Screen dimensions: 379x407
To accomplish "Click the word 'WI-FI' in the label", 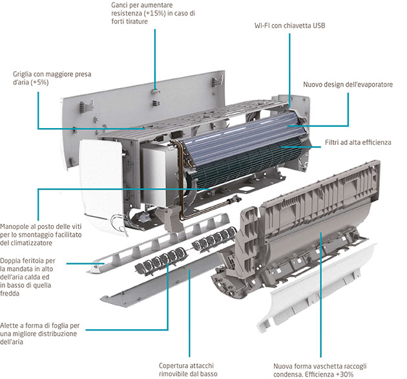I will tap(266, 26).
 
